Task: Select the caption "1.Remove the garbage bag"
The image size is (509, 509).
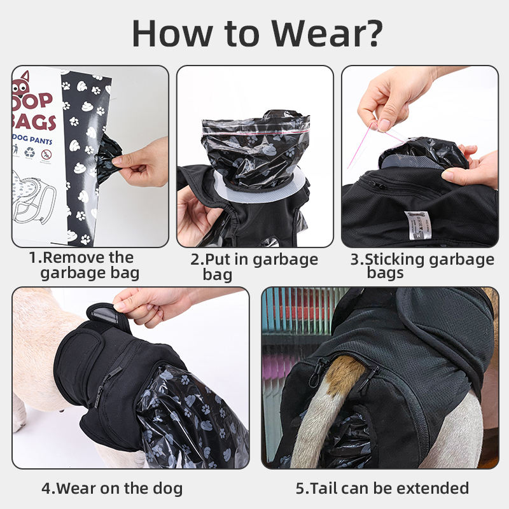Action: tap(82, 265)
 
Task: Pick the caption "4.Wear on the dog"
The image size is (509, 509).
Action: tap(112, 488)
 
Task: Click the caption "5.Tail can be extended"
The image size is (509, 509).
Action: tap(382, 488)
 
